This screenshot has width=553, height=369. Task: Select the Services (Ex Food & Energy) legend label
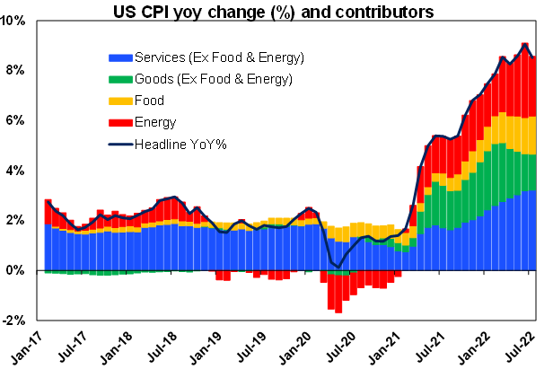coord(220,58)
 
